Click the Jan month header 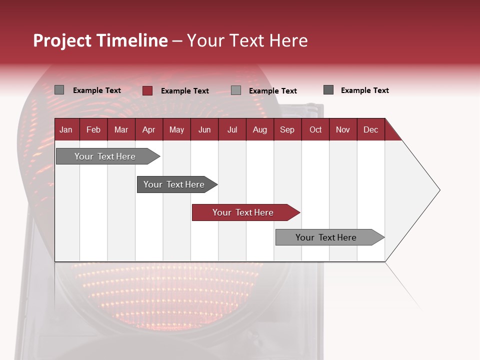click(x=66, y=129)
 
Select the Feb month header click(x=93, y=129)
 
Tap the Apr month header click(x=148, y=129)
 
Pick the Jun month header click(x=204, y=129)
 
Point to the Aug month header click(x=259, y=129)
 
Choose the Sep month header click(x=287, y=129)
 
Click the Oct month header click(x=315, y=129)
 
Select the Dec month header click(x=370, y=129)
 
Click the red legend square click(x=147, y=90)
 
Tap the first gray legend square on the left click(x=59, y=90)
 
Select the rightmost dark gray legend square click(x=328, y=90)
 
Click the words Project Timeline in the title click(x=100, y=40)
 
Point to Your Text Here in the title click(x=247, y=40)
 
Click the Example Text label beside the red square click(x=185, y=91)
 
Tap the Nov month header click(x=343, y=129)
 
